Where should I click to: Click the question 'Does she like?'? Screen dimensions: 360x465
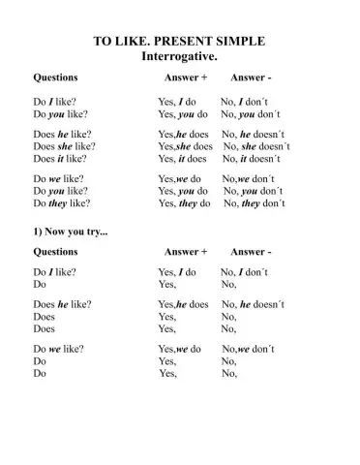coord(64,145)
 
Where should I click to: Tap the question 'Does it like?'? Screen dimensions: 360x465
coord(61,158)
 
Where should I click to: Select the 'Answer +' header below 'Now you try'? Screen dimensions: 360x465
coord(186,252)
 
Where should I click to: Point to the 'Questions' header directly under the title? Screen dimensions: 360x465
coord(56,76)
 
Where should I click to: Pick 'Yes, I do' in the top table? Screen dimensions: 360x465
coord(177,100)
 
